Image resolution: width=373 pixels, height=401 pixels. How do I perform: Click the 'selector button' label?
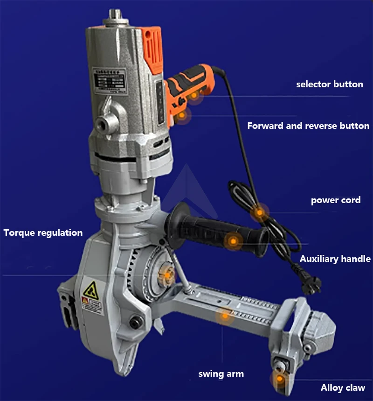coord(330,84)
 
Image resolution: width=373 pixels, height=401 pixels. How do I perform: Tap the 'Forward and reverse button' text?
coord(308,126)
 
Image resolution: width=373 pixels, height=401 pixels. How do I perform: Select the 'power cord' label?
coord(336,200)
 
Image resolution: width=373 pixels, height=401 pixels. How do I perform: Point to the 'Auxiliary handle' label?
coord(335,259)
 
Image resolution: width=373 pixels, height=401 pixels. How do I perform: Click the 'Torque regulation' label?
coord(43,232)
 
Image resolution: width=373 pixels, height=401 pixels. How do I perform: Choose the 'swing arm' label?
coord(221,373)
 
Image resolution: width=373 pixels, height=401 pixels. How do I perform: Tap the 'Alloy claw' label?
coord(343,387)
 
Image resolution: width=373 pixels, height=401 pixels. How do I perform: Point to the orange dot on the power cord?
coord(259,213)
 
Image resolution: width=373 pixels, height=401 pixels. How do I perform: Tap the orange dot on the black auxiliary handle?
coord(232,242)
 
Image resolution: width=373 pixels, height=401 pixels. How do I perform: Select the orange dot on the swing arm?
coord(225,316)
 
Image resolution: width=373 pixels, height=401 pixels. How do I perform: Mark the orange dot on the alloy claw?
coord(279,379)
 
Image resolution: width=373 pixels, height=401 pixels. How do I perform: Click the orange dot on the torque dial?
coord(166,275)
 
